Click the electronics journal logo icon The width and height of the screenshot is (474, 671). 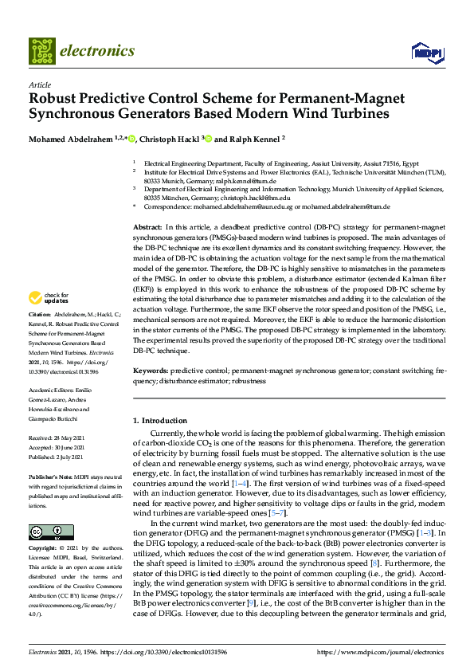(x=41, y=51)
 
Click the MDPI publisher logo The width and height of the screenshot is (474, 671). (x=426, y=53)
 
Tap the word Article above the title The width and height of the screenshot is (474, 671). (x=40, y=84)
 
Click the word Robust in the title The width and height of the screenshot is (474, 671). (x=54, y=99)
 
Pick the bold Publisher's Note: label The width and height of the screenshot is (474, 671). (x=52, y=476)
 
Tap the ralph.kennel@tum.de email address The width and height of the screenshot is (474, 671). (x=232, y=182)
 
